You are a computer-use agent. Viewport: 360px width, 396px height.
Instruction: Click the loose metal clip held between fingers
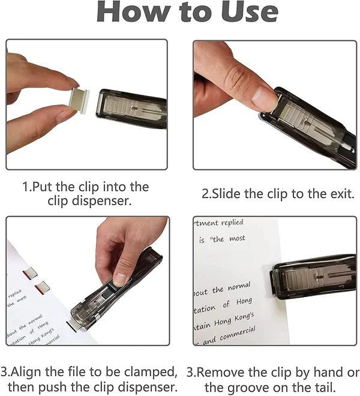tap(79, 98)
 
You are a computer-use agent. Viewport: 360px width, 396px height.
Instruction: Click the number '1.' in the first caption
tap(28, 187)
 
